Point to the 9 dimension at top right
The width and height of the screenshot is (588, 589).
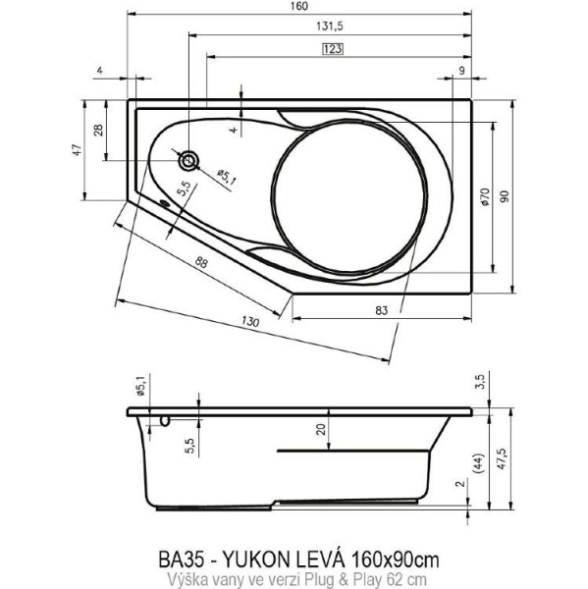point(461,71)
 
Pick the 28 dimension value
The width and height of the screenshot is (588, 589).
point(97,131)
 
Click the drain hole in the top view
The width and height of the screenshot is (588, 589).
point(188,160)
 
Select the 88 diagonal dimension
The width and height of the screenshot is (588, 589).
point(200,262)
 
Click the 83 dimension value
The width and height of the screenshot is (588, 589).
point(382,310)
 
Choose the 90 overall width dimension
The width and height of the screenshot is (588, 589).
point(505,196)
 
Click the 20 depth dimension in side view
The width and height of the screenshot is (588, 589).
point(321,428)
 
